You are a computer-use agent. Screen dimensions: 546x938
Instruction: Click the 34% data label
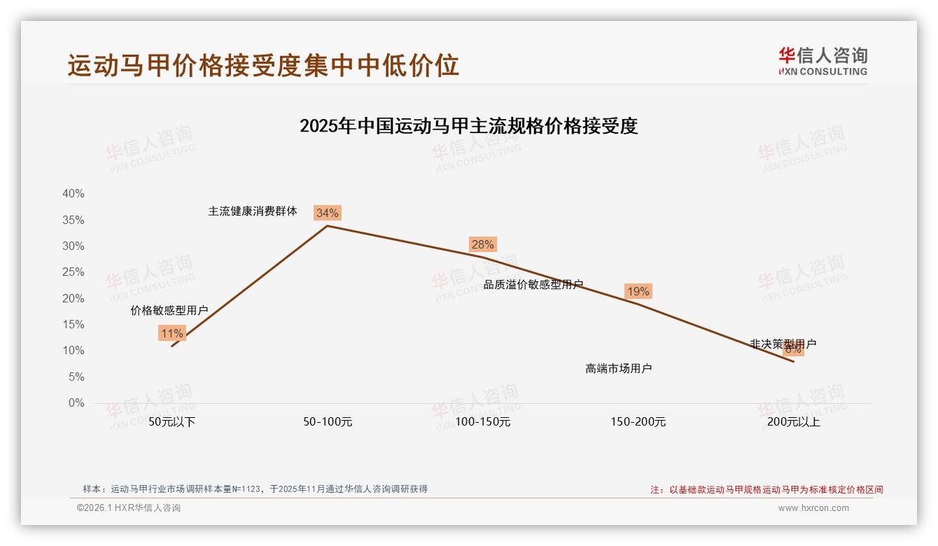(327, 213)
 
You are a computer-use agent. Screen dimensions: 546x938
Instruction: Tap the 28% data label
(482, 244)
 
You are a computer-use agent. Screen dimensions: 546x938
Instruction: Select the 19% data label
(638, 291)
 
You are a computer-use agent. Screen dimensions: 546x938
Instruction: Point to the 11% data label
(171, 333)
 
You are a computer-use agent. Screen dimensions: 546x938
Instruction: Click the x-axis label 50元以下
(171, 422)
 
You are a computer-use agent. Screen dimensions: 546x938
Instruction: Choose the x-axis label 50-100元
(328, 422)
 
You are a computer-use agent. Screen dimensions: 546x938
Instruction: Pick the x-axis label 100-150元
(483, 422)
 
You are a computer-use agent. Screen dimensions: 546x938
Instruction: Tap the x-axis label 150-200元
(638, 422)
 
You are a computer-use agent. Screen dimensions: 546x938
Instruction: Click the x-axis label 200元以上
(794, 422)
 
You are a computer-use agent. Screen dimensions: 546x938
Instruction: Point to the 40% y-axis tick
(73, 194)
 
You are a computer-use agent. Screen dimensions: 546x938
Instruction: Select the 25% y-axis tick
(73, 272)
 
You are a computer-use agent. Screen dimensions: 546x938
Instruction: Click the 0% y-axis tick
(76, 403)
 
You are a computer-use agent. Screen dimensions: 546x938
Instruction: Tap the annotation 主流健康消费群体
(253, 211)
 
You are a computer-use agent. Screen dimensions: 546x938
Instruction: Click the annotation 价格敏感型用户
(169, 310)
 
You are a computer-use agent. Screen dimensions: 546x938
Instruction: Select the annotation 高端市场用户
(619, 368)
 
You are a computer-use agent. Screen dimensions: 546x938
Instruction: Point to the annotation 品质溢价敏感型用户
(533, 284)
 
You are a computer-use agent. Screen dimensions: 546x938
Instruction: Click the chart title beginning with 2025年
(468, 126)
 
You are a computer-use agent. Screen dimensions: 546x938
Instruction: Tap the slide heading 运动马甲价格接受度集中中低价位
(263, 65)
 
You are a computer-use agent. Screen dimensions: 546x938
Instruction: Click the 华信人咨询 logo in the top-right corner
(822, 61)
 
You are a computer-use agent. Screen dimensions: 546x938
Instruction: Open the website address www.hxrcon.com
(813, 508)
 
